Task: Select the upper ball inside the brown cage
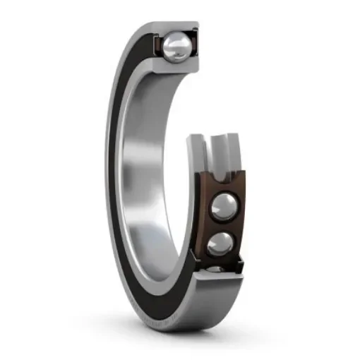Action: point(224,206)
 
